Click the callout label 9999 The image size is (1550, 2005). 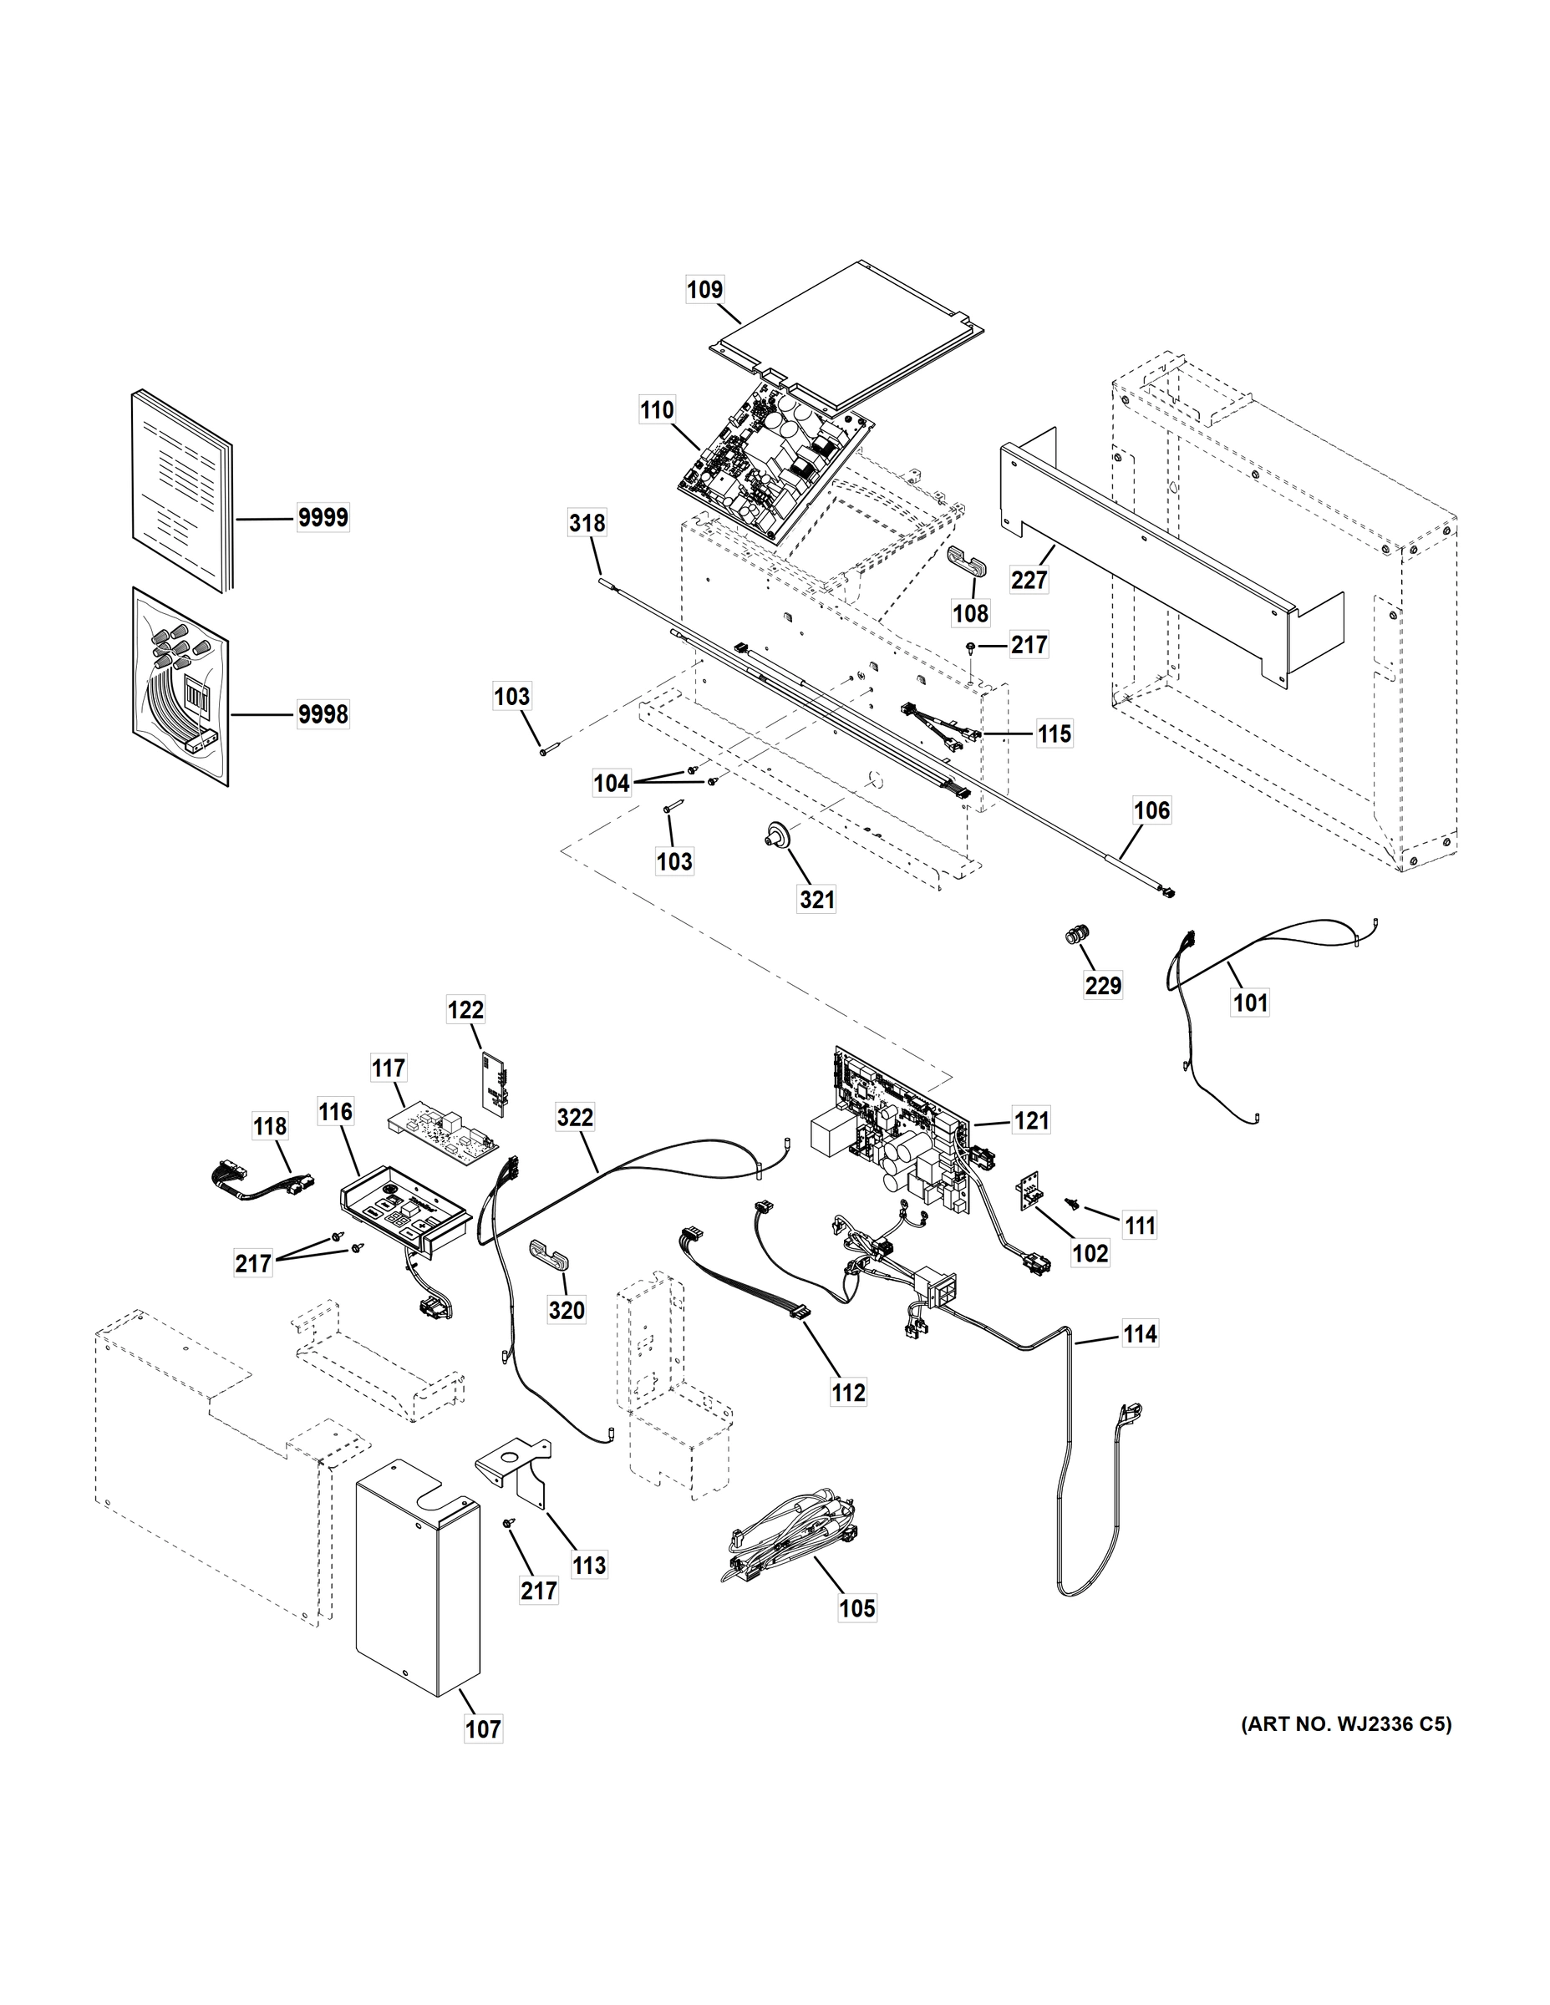[x=323, y=518]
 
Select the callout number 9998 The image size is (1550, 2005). [x=323, y=713]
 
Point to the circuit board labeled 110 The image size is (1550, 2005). [x=774, y=464]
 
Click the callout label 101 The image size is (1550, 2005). [x=1250, y=1002]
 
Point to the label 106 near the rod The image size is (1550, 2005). [x=1151, y=810]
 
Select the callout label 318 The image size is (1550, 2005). [x=587, y=522]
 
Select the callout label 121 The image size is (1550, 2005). [x=1031, y=1120]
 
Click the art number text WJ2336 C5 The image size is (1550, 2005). [x=1346, y=1724]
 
